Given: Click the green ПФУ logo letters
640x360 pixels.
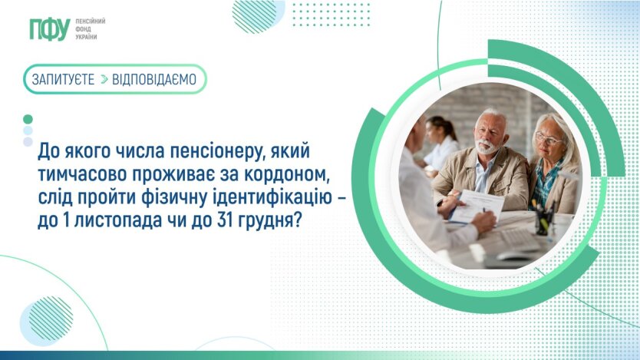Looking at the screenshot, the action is tap(50, 29).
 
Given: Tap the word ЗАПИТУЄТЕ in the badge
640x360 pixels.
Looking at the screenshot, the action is tap(63, 79).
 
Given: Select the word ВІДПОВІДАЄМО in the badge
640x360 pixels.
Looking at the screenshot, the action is tap(154, 79).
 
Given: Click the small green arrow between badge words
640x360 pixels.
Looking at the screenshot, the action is tap(104, 79).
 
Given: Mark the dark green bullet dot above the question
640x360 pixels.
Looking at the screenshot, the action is tap(28, 119).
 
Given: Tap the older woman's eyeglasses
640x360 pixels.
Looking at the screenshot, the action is tap(548, 138).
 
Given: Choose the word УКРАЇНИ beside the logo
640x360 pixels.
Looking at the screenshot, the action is tap(86, 37).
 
